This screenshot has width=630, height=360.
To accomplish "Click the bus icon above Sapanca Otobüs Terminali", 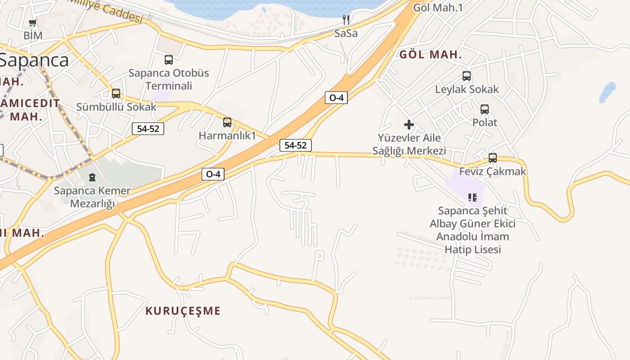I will tap(169, 59).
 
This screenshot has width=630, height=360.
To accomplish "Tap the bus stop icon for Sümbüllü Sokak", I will tap(116, 94).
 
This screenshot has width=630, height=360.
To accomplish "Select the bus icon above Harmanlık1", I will tap(227, 122).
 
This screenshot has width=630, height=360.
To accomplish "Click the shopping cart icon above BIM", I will tap(32, 23).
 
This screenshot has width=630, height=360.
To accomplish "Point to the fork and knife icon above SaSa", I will tap(346, 19).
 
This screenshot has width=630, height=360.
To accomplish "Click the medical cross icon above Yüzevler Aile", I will tap(409, 125).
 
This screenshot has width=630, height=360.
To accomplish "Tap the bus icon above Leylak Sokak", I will tap(467, 76).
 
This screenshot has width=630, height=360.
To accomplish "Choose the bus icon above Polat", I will tap(485, 109).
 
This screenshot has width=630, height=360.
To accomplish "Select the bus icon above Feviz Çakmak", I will tap(493, 158).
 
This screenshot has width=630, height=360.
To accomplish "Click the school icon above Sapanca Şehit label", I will tap(472, 197).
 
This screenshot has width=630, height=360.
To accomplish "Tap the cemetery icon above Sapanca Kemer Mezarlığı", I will tap(92, 177).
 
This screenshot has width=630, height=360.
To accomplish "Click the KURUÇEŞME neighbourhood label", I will tap(183, 311).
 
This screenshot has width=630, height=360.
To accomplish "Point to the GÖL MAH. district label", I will tap(431, 55).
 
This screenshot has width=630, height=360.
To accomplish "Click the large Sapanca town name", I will tap(34, 60).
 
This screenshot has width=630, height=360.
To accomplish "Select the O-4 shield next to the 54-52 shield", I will tap(213, 174).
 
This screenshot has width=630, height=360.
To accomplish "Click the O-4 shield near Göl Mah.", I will tap(337, 98).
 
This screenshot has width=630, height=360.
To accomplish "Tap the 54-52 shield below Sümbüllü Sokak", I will tap(148, 129).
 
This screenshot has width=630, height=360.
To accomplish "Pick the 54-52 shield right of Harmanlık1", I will tap(296, 145).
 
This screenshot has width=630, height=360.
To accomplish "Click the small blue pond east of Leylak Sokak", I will tap(607, 92).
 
